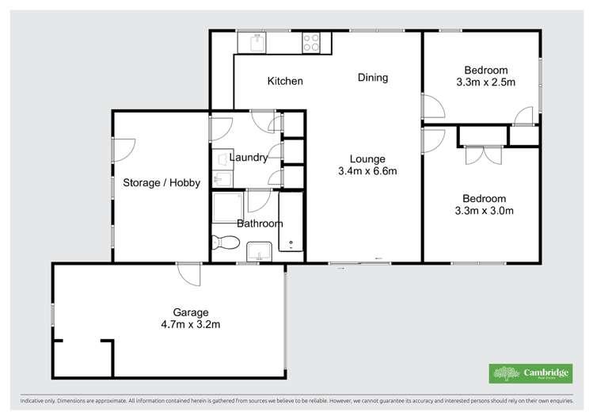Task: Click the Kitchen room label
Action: pos(285,81)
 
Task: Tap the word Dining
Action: pos(373,78)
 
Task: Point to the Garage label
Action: pos(190,311)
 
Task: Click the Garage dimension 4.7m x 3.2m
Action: pos(190,323)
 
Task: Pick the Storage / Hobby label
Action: pos(162,183)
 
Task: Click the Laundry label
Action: pos(249,158)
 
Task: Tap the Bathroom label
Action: pos(260,223)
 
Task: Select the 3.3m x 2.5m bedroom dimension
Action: pos(485,82)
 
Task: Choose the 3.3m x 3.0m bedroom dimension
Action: pos(485,211)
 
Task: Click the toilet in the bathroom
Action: pos(226,242)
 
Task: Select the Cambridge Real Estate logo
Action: pos(530,373)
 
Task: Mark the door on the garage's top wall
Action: pos(188,273)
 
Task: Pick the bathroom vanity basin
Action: pos(259,252)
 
